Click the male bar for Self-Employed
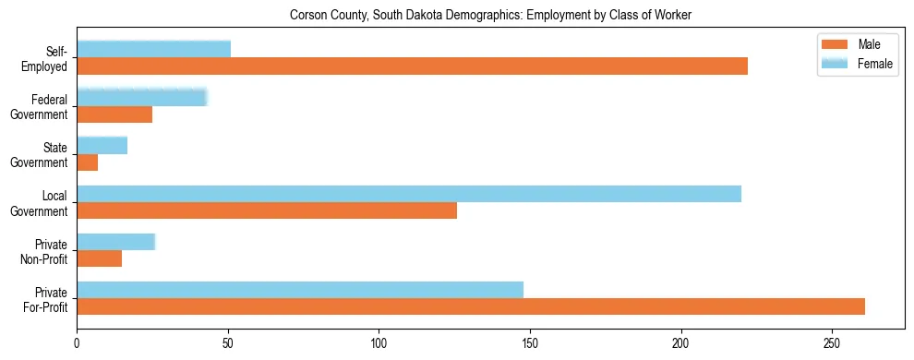(x=412, y=66)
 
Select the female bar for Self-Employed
(x=153, y=49)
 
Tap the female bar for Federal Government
(x=141, y=97)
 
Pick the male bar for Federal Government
(x=114, y=114)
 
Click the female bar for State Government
(x=102, y=145)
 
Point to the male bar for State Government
(x=88, y=162)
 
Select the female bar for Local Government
(x=409, y=194)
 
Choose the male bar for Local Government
(x=267, y=210)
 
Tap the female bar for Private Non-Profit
(x=115, y=242)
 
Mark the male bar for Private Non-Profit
(x=100, y=258)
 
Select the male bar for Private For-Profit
(x=471, y=306)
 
